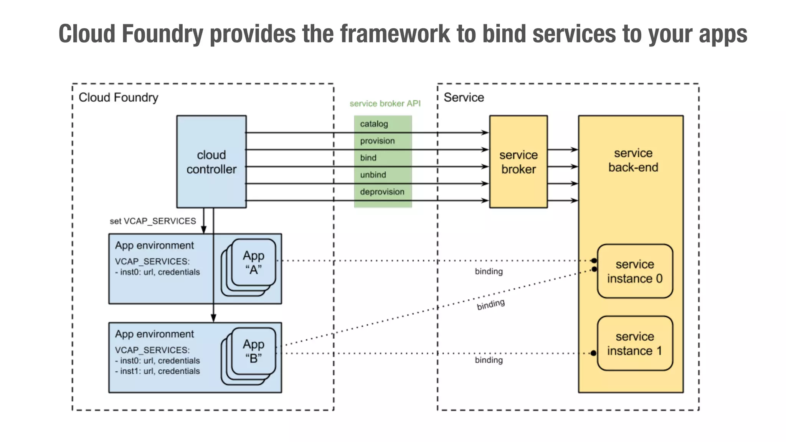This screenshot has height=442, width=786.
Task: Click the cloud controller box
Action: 211,162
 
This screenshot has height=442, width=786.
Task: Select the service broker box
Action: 518,162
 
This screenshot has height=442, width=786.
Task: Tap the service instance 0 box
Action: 635,271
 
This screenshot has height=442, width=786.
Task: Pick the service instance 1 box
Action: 635,343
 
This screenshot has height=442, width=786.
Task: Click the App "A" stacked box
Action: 253,262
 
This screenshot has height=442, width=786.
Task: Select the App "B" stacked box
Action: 253,351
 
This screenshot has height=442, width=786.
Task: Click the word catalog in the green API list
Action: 374,124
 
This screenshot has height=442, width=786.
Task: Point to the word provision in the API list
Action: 377,141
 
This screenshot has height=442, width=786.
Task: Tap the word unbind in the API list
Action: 373,175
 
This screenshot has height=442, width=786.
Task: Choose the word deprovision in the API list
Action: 382,192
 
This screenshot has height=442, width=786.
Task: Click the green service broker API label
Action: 385,104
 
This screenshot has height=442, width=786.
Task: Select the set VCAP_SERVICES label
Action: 153,221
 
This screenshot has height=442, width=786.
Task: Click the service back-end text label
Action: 633,160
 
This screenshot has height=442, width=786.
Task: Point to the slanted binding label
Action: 490,305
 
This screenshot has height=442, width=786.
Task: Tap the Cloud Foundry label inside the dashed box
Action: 118,97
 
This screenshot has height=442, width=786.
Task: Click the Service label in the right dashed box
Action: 464,97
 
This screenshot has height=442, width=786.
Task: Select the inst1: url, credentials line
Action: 157,371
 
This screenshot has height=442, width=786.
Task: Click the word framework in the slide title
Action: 395,34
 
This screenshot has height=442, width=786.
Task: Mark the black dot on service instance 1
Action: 593,353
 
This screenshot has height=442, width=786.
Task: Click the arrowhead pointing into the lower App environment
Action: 213,318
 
